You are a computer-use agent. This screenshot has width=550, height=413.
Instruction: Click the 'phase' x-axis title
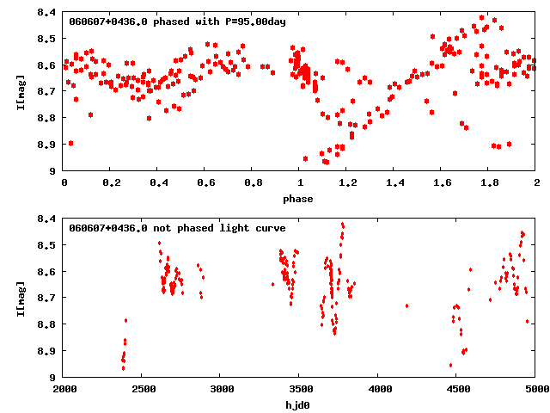[x=300, y=199]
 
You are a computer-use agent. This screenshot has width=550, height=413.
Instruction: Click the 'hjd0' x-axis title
[x=300, y=405]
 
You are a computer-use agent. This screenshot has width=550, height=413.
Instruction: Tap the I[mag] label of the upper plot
[x=20, y=91]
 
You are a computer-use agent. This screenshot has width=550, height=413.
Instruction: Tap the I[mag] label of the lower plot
[x=20, y=298]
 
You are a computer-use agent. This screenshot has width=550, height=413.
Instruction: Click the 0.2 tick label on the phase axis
[x=111, y=183]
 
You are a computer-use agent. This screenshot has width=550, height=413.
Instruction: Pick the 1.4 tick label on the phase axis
[x=394, y=183]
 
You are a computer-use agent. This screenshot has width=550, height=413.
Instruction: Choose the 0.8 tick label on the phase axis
[x=253, y=183]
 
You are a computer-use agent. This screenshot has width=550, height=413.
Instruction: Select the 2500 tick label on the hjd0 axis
[x=143, y=390]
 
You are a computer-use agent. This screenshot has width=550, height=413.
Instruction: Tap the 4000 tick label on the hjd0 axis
[x=379, y=390]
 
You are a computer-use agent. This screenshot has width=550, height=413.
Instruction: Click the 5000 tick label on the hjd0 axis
[x=536, y=390]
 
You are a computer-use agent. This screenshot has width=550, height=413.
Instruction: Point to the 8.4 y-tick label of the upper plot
[x=48, y=13]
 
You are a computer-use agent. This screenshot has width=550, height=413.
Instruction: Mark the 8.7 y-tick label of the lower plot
[x=48, y=298]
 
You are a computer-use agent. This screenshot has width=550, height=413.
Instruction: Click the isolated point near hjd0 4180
[x=406, y=305]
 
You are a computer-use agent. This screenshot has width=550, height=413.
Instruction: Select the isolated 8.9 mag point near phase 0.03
[x=70, y=143]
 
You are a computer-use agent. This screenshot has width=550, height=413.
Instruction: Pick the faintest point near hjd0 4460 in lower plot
[x=450, y=365]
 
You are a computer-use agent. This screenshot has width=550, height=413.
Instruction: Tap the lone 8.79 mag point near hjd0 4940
[x=527, y=321]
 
